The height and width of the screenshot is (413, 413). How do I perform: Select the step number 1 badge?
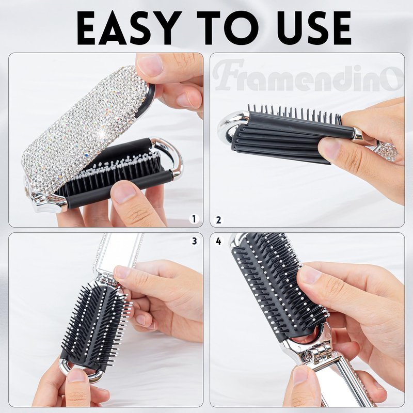click(195, 219)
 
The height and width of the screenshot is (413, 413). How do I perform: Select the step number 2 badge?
click(218, 220)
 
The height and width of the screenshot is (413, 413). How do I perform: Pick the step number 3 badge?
click(195, 241)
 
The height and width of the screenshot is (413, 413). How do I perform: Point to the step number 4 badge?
click(218, 241)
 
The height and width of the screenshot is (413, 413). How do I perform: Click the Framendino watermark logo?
click(308, 75)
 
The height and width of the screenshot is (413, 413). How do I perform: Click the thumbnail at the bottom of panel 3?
click(76, 375)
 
